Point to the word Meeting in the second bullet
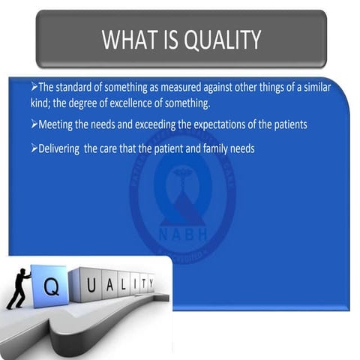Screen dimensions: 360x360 pyautogui.click(x=54, y=124)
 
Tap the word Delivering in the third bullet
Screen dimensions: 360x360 pyautogui.click(x=58, y=148)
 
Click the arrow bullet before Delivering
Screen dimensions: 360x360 pyautogui.click(x=34, y=148)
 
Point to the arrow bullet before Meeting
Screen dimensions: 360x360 pyautogui.click(x=34, y=124)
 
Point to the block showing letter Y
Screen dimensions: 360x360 pyautogui.click(x=150, y=283)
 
